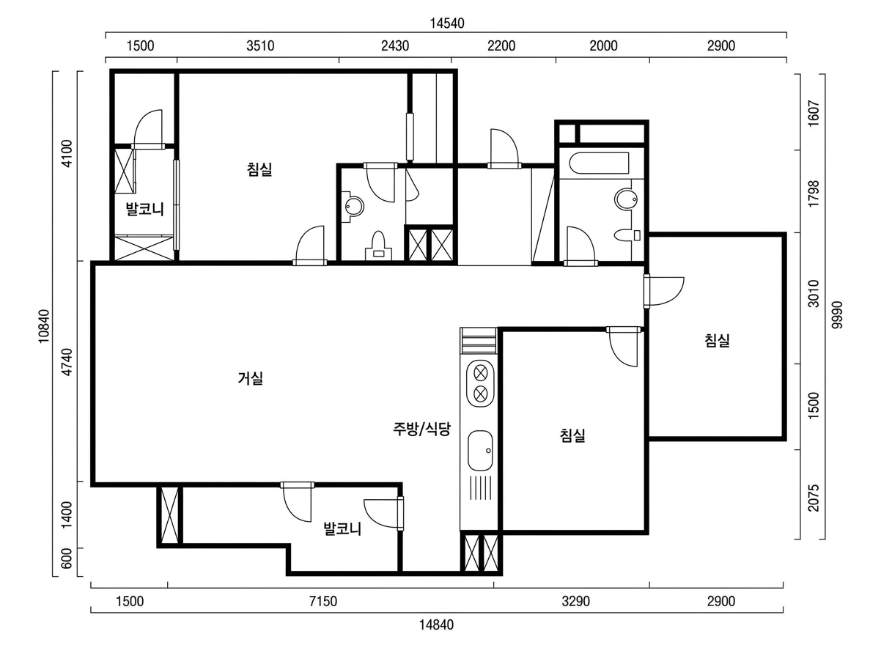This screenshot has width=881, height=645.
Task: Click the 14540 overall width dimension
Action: click(447, 23)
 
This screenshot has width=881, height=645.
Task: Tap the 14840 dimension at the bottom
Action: click(436, 624)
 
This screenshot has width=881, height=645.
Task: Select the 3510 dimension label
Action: click(260, 46)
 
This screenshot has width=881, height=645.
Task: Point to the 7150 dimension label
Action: click(323, 601)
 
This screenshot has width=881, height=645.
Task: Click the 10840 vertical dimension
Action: click(44, 326)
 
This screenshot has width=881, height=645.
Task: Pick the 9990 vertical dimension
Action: click(837, 314)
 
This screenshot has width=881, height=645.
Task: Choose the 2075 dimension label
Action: click(814, 498)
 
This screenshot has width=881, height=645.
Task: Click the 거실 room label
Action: click(251, 378)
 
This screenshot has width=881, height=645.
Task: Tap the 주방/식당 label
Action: click(421, 429)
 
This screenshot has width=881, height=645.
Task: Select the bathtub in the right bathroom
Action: click(599, 163)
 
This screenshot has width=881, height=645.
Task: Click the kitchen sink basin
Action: click(480, 450)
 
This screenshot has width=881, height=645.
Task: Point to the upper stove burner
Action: click(481, 373)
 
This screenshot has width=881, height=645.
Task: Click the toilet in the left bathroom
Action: click(378, 246)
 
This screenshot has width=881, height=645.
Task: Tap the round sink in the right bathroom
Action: click(625, 200)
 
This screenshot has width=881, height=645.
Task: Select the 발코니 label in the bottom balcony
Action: click(342, 529)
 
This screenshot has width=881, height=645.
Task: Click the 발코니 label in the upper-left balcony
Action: click(144, 209)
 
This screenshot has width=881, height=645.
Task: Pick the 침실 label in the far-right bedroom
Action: click(717, 340)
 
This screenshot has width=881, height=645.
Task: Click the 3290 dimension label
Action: click(576, 601)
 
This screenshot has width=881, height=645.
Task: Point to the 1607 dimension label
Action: click(814, 114)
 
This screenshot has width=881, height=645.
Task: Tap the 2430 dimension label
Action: click(395, 46)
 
